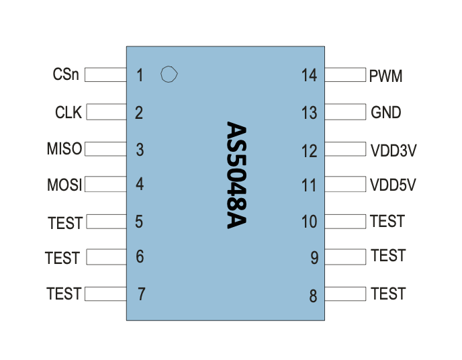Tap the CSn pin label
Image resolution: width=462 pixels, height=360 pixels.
click(66, 75)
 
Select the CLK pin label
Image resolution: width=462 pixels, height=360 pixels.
click(68, 112)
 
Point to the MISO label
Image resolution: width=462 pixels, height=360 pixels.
click(64, 149)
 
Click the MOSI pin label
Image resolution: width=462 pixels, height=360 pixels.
click(64, 185)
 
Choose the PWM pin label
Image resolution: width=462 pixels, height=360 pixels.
click(385, 76)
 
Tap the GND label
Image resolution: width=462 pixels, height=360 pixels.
click(386, 112)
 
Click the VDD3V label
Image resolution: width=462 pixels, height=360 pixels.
click(394, 150)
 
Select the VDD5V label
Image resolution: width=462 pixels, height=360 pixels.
click(393, 185)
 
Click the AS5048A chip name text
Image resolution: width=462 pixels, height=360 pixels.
click(236, 175)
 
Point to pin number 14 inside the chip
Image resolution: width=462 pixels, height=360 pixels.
click(310, 75)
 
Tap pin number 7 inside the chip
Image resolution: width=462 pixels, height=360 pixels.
click(142, 294)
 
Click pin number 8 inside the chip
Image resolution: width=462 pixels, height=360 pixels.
click(313, 296)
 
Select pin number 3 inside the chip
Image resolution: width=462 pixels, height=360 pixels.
click(140, 150)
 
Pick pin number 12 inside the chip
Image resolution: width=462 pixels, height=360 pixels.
click(310, 151)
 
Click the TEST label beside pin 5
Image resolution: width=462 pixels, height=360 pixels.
click(65, 223)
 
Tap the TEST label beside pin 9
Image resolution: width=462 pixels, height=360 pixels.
click(388, 255)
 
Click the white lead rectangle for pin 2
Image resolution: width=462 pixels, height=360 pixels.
click(106, 112)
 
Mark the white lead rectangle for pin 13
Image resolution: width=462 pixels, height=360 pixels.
click(345, 112)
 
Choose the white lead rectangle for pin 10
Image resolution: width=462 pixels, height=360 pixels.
click(345, 222)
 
